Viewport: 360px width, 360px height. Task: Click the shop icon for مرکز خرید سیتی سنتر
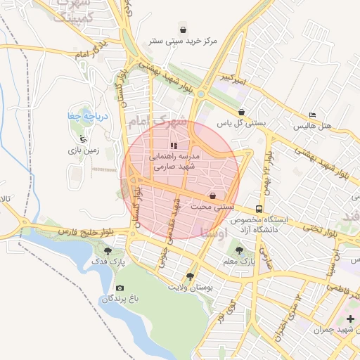(184, 30)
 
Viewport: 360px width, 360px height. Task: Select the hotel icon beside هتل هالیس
(313, 115)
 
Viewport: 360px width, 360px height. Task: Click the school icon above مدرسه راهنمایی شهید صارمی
(174, 146)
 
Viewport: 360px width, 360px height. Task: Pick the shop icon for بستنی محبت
(212, 195)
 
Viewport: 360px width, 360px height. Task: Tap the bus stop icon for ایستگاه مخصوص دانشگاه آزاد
(259, 209)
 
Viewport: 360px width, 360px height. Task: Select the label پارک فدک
(108, 262)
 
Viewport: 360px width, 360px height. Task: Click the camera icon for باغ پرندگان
(120, 288)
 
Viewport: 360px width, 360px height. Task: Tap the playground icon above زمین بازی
(84, 139)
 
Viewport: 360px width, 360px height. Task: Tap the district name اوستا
(214, 231)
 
